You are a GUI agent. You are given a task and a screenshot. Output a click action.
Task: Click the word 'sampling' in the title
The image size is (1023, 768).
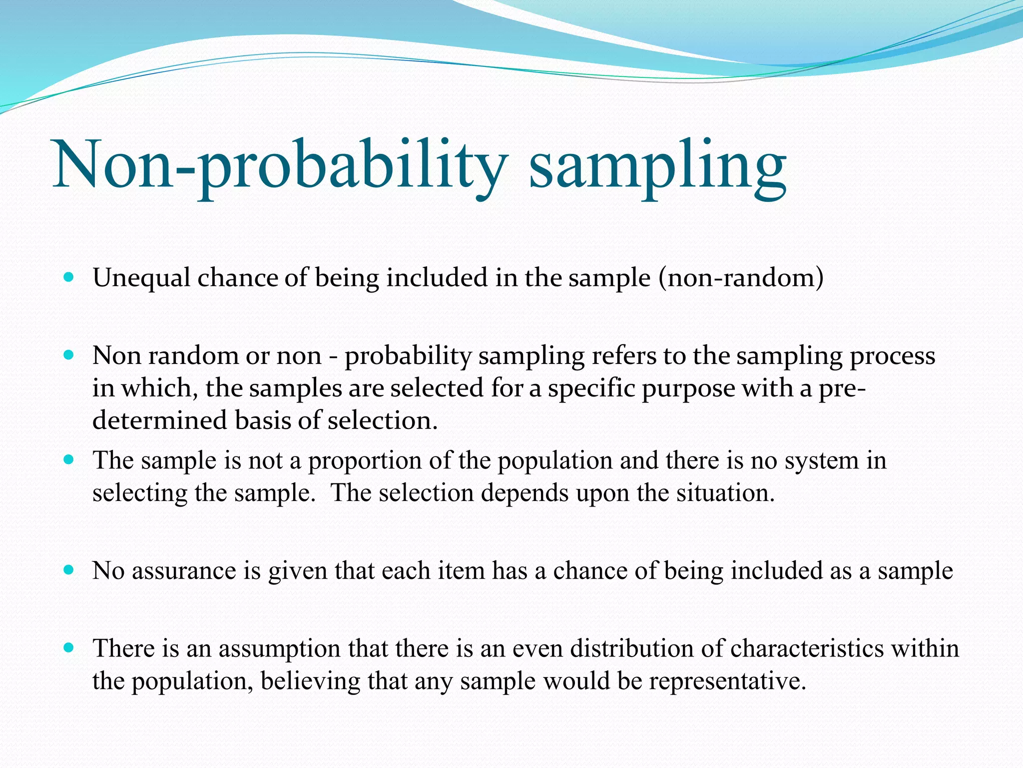click(x=657, y=167)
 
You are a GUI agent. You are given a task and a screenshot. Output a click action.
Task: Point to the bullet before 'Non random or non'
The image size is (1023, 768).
click(x=69, y=355)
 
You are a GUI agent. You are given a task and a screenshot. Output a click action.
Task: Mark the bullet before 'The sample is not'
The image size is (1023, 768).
click(x=69, y=459)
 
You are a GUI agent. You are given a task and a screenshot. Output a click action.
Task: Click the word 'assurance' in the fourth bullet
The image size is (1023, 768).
click(x=184, y=571)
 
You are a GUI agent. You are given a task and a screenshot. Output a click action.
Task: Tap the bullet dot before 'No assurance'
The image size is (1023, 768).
click(x=69, y=569)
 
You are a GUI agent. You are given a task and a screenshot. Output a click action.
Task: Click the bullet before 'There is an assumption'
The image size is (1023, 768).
click(x=69, y=648)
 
